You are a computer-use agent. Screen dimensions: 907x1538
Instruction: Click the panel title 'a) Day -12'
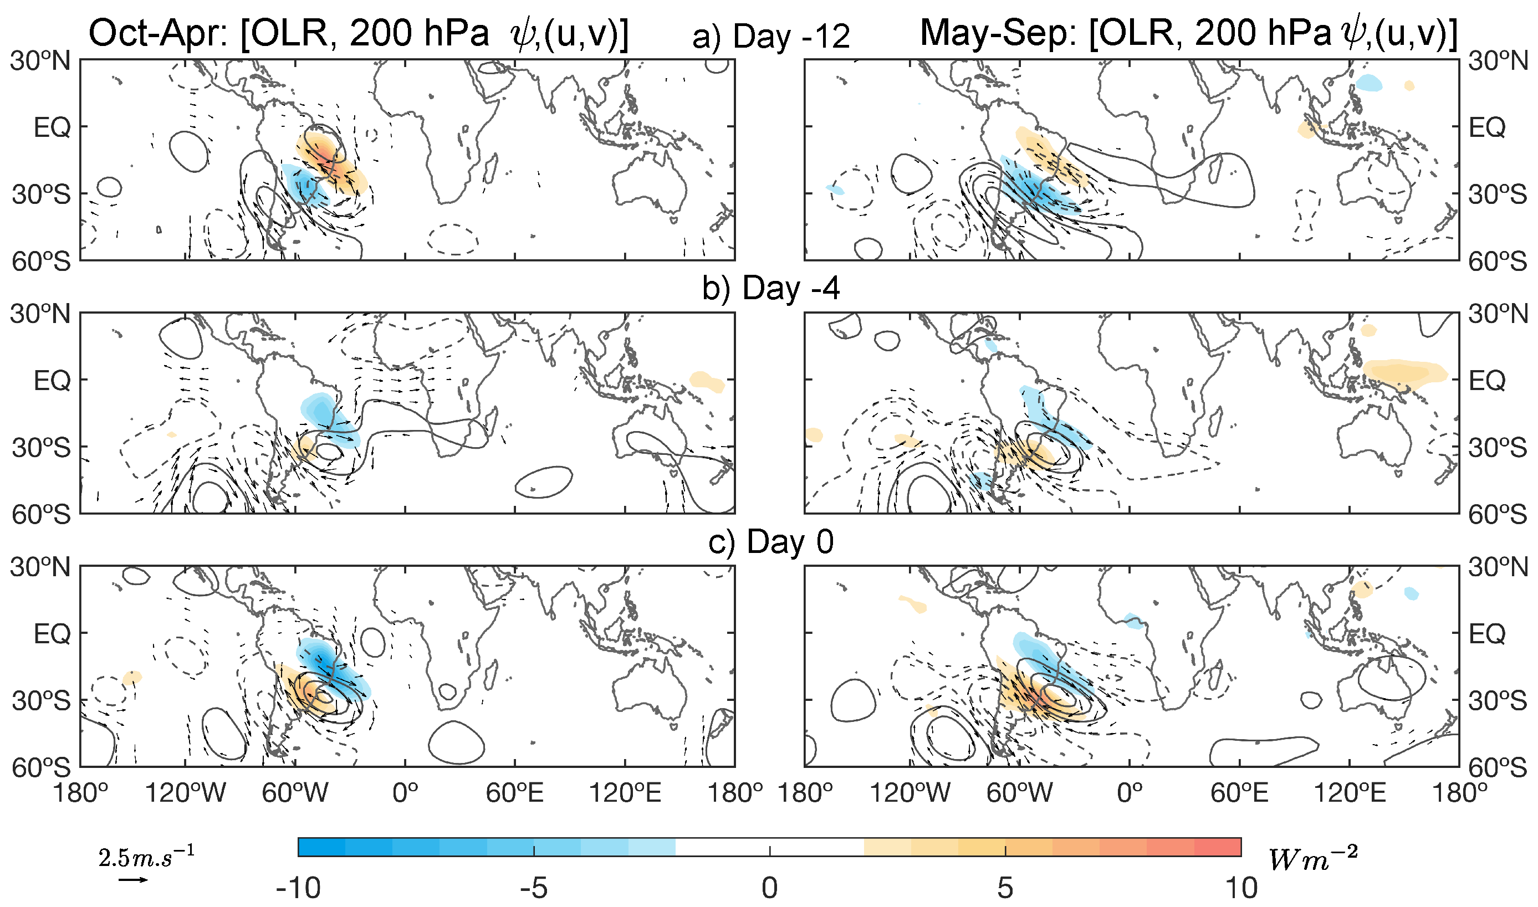tap(771, 37)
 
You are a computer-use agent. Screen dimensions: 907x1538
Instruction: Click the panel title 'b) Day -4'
tap(771, 289)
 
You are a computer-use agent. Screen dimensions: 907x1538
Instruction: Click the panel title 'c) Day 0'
tap(771, 541)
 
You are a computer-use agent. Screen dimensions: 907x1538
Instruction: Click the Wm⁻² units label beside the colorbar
tap(1312, 859)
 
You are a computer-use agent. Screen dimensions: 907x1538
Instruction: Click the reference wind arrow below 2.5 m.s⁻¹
tap(132, 879)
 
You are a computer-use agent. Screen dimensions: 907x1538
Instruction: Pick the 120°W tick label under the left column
tap(185, 793)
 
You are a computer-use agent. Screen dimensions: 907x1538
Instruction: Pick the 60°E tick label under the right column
tap(1239, 793)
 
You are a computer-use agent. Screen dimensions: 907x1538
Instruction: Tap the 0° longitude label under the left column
tap(405, 793)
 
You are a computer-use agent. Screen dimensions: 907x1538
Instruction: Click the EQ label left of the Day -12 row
tap(52, 127)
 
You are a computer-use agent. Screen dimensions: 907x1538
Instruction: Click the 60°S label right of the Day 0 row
tap(1496, 767)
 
